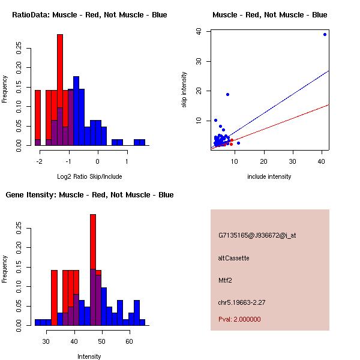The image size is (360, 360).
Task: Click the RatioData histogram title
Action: coord(89,15)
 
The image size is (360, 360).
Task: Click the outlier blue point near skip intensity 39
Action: coord(325,34)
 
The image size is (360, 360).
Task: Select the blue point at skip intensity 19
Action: coord(227,94)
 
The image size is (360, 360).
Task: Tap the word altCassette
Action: coord(233,258)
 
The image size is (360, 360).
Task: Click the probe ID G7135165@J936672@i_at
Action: coord(257,235)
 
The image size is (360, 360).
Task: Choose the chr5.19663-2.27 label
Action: coord(245,302)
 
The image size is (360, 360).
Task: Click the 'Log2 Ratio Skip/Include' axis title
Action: coord(89,177)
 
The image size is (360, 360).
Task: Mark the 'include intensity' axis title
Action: coord(269,177)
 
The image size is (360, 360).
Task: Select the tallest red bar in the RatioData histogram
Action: coord(60,90)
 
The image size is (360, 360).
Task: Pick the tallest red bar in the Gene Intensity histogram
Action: coord(93,270)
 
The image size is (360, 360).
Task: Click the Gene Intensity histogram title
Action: coord(89,195)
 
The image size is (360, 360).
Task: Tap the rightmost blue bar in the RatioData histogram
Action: coord(142,143)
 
